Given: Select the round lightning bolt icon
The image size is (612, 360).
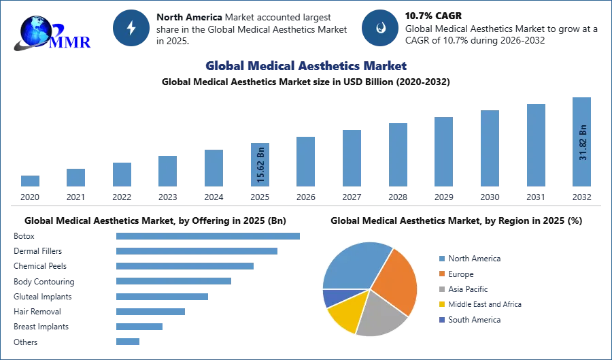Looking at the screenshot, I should [131, 28].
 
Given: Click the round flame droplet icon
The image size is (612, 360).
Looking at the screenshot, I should [380, 28].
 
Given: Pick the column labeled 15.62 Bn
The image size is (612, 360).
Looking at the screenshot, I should [260, 165].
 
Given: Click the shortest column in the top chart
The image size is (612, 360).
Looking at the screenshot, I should [30, 182].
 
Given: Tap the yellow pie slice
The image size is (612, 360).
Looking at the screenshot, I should [343, 316].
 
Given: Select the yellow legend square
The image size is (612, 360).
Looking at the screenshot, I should [441, 304].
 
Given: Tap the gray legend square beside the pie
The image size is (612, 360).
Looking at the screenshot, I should [441, 289].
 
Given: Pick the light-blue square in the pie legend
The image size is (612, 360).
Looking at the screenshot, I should [441, 259].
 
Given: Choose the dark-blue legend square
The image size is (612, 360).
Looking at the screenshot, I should [441, 320].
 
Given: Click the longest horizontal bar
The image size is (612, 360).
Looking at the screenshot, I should [209, 235].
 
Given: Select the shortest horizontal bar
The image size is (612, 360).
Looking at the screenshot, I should [128, 342].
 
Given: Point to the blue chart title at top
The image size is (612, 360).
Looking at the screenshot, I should [305, 66].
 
